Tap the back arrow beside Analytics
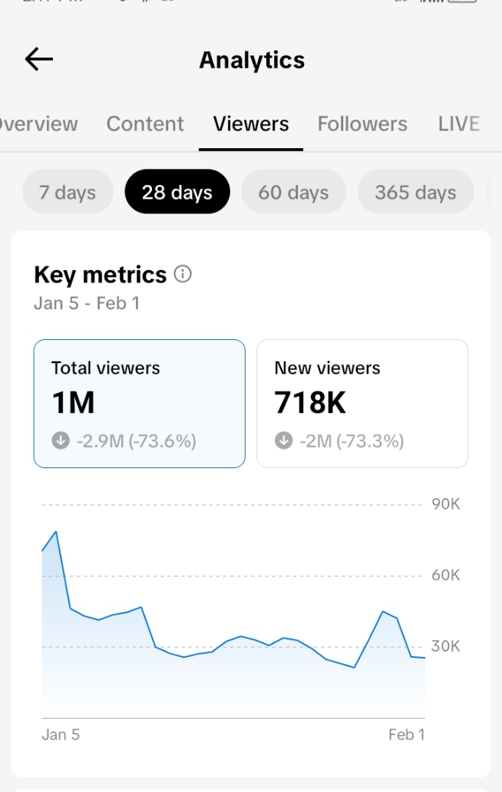point(38,59)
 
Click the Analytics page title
point(252,60)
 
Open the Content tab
point(145,124)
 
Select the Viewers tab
point(251,124)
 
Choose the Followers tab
point(362,124)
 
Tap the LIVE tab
point(458,124)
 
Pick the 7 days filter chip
point(68,192)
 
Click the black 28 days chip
point(177,192)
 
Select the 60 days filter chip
point(293,192)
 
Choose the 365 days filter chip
point(415,192)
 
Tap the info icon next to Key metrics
point(183,274)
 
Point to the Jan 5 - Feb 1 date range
point(87,302)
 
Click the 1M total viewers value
point(73,402)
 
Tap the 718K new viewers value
point(310,402)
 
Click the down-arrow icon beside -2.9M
point(61,441)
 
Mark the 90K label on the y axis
point(445,504)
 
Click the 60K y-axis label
point(445,575)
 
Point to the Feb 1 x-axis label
point(406,734)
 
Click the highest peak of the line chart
point(56,531)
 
